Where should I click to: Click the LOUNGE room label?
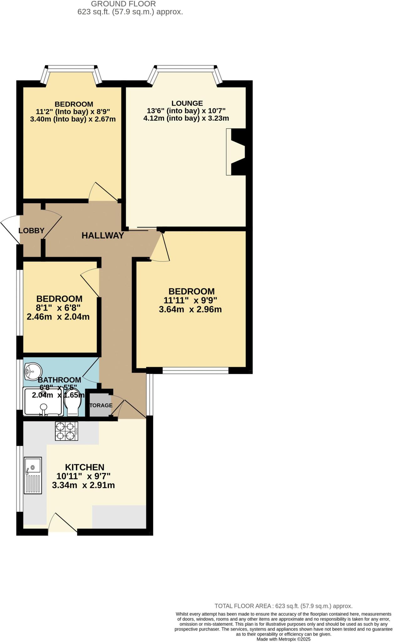coord(187,103)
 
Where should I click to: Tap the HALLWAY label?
coord(103,235)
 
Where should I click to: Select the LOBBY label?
coord(31,231)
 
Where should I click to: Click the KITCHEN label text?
coord(85,467)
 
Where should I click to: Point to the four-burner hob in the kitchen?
coord(66,431)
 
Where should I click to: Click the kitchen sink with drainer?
coord(33,475)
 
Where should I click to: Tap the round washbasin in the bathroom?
coord(33,372)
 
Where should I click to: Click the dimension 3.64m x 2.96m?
coord(190,309)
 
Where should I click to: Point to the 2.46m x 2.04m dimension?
coord(58,317)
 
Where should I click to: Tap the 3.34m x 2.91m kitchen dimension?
coord(83,485)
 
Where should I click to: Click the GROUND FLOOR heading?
coord(123,4)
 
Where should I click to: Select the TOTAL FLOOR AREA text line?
coord(283,606)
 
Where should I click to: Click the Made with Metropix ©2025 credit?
coord(283,639)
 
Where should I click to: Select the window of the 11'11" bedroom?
coord(195,371)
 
